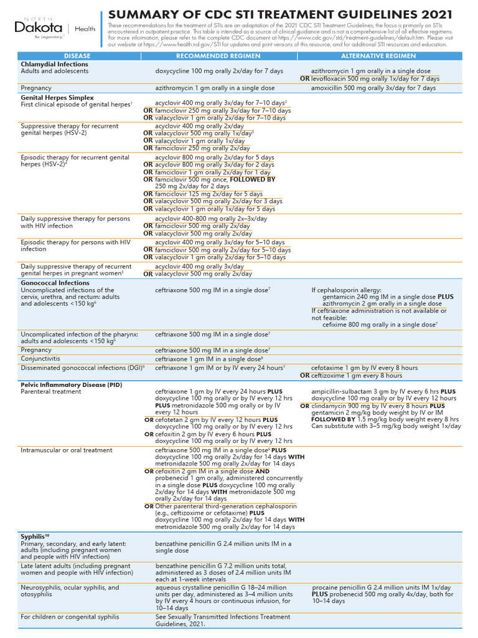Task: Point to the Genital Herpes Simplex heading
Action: [57, 98]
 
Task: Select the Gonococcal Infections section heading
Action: [55, 283]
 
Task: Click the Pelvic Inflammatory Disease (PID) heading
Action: [72, 385]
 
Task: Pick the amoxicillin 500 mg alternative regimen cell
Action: [373, 88]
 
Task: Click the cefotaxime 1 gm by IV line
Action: [365, 368]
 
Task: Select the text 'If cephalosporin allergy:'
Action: [346, 290]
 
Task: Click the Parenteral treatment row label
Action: [52, 392]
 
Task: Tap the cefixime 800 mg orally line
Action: [380, 325]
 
